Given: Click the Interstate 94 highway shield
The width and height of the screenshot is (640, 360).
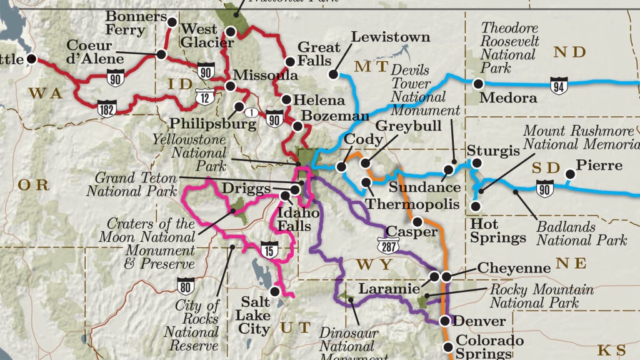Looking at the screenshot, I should pyautogui.click(x=559, y=85).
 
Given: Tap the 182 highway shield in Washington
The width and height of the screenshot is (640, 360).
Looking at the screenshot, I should pyautogui.click(x=106, y=110).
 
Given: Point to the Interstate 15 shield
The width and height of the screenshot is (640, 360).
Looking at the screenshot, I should pyautogui.click(x=269, y=249).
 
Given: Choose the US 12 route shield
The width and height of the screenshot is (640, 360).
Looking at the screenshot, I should pyautogui.click(x=203, y=96).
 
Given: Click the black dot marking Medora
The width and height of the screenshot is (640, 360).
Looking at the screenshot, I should pyautogui.click(x=478, y=83).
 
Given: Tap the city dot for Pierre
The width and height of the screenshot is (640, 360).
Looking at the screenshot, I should pyautogui.click(x=569, y=175).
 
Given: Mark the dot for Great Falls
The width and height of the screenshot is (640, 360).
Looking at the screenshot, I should pyautogui.click(x=290, y=61).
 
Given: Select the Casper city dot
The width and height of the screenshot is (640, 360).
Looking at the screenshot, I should pyautogui.click(x=417, y=221).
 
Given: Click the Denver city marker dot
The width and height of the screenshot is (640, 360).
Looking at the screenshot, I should pyautogui.click(x=444, y=321).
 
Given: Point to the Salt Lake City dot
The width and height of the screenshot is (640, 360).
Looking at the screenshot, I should pyautogui.click(x=274, y=291).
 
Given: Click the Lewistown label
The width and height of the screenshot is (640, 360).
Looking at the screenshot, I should pyautogui.click(x=391, y=37).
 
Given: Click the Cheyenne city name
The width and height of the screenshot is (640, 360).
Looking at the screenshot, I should pyautogui.click(x=514, y=267).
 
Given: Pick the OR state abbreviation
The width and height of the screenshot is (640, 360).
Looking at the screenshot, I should pyautogui.click(x=32, y=184).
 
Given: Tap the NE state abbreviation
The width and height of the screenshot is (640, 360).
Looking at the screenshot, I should pyautogui.click(x=571, y=264).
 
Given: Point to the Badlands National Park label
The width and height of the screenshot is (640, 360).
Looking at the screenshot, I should pyautogui.click(x=581, y=234).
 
